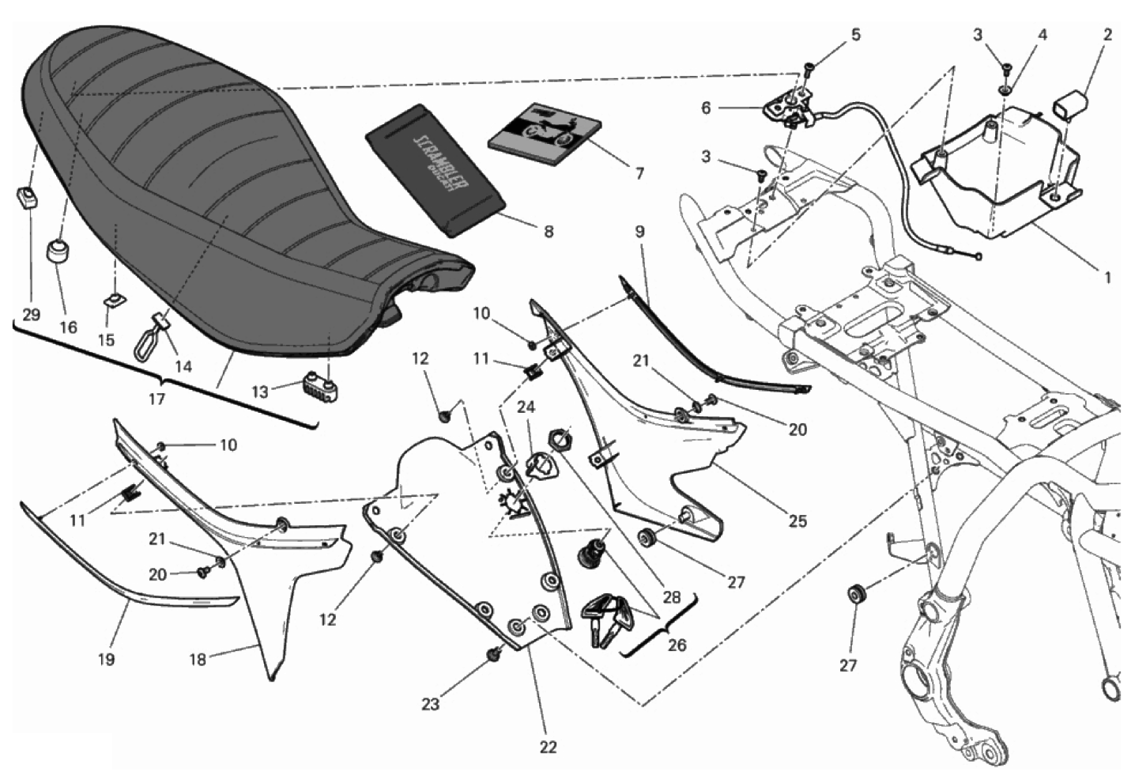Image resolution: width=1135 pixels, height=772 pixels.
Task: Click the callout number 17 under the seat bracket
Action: [x=156, y=399]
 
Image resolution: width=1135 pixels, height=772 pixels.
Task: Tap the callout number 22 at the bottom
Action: [x=549, y=747]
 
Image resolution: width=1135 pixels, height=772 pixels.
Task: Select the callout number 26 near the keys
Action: [x=677, y=645]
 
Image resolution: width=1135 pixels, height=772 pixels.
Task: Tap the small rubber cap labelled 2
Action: [x=1071, y=103]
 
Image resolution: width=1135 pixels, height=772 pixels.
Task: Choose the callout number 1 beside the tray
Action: [x=1107, y=278]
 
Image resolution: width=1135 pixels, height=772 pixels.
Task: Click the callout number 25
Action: [x=798, y=520]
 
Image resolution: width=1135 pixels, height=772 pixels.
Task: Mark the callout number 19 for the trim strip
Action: [x=106, y=659]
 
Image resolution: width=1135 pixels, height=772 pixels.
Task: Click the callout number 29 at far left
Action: [x=31, y=315]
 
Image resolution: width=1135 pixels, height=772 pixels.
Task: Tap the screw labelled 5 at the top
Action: [x=809, y=67]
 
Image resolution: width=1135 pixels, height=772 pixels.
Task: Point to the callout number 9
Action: [x=639, y=232]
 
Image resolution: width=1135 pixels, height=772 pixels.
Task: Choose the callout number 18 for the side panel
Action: [x=198, y=658]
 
